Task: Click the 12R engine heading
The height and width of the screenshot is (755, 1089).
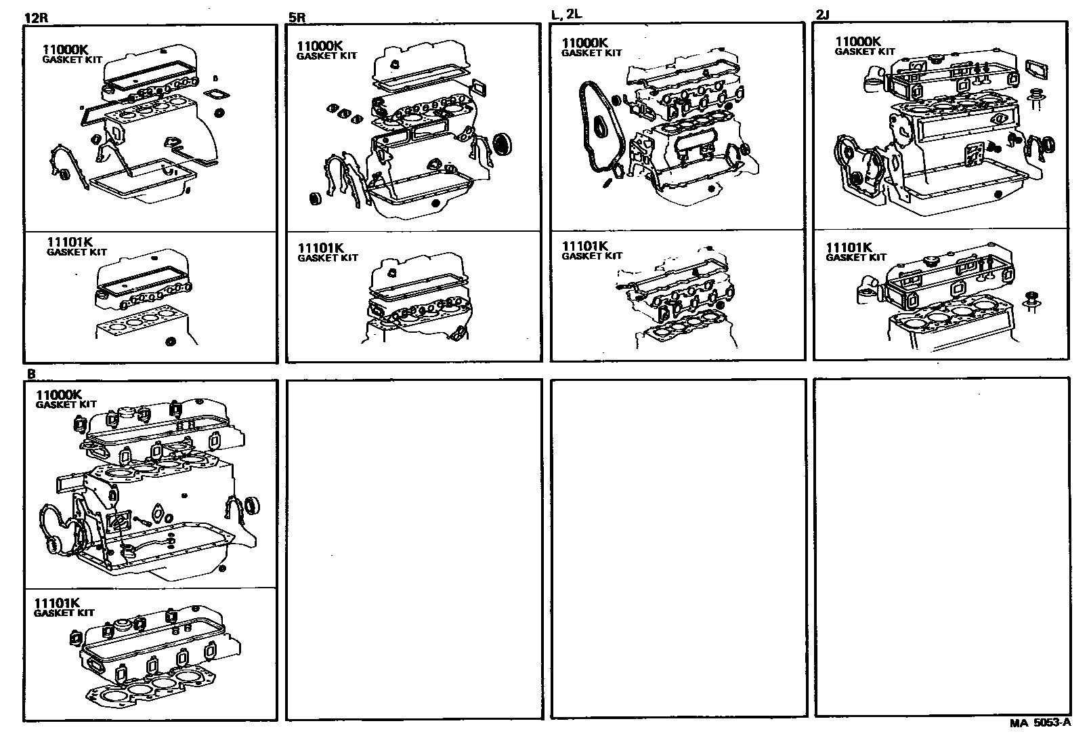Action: click(x=35, y=19)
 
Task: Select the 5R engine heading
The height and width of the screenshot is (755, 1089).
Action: click(x=297, y=19)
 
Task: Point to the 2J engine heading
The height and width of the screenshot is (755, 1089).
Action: click(x=824, y=16)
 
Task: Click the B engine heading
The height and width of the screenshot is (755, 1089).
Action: click(x=30, y=373)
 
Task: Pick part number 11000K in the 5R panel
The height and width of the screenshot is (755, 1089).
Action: click(x=320, y=46)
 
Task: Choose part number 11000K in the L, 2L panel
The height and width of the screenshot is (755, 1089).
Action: click(x=585, y=43)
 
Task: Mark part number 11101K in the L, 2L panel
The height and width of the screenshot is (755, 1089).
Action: click(x=586, y=246)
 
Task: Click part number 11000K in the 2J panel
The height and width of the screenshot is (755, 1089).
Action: click(x=858, y=41)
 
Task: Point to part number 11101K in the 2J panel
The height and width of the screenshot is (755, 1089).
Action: click(x=849, y=248)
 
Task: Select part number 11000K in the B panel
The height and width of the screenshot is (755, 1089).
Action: click(x=59, y=394)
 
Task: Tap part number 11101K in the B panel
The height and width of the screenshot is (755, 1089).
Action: click(x=58, y=603)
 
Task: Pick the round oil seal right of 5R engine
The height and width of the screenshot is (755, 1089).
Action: click(x=503, y=144)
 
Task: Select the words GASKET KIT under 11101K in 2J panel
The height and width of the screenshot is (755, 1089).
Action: click(x=856, y=258)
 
